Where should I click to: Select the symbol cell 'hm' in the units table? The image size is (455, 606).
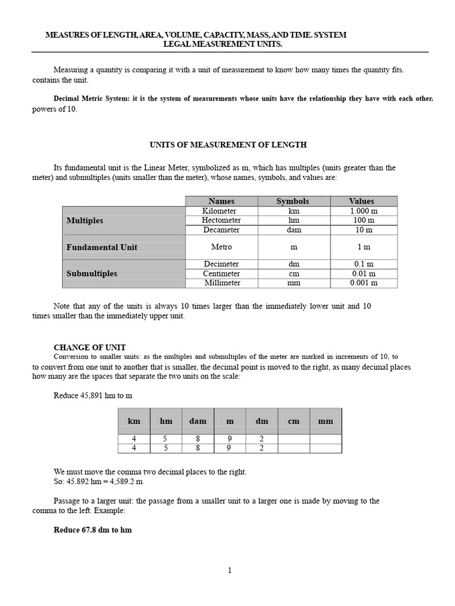click(294, 220)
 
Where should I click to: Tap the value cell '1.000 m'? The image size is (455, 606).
click(364, 211)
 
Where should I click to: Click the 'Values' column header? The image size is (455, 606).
click(361, 201)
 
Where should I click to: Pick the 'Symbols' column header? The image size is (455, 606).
click(293, 201)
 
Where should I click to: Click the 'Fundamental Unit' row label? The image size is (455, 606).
click(101, 247)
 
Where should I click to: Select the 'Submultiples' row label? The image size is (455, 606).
click(91, 273)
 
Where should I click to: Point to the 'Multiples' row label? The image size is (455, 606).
click(85, 220)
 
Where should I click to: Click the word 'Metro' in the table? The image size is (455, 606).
click(221, 247)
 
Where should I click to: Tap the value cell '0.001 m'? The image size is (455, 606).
click(364, 283)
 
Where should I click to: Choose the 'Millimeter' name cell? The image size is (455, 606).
click(222, 283)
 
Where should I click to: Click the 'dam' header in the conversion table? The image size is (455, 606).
click(198, 421)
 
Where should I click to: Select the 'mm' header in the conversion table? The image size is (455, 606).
click(325, 421)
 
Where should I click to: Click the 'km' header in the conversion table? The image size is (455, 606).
click(134, 421)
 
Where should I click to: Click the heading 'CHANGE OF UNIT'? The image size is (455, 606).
click(89, 347)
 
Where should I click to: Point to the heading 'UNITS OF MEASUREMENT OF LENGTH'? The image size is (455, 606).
click(228, 144)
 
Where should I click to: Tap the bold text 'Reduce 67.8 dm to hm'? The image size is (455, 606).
click(92, 530)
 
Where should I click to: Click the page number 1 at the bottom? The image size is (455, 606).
click(230, 570)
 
